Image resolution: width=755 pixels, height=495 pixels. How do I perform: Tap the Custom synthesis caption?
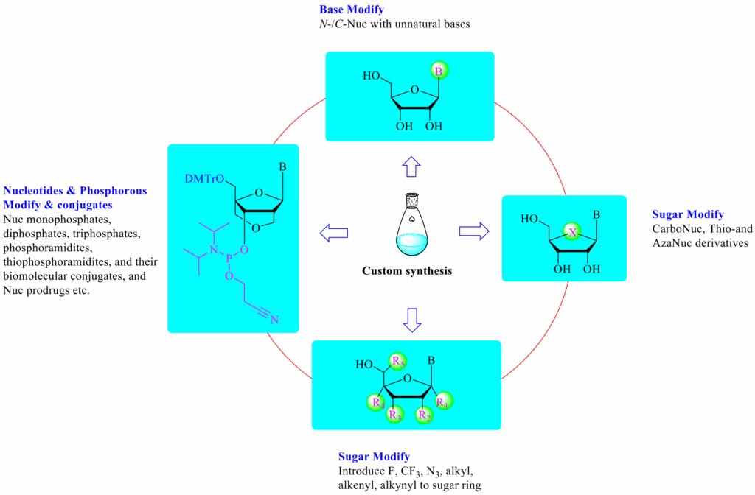[407, 271]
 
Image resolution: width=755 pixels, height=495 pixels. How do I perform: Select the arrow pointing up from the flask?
[411, 167]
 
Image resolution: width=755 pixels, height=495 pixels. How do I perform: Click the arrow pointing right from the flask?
[474, 231]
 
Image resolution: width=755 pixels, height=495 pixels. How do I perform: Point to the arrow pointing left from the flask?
[334, 234]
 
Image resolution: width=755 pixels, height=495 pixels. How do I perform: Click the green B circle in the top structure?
[438, 72]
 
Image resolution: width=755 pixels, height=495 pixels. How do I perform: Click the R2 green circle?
[424, 415]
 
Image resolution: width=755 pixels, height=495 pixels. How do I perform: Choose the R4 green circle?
[377, 403]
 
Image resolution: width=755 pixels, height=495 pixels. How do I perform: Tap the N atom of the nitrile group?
[274, 319]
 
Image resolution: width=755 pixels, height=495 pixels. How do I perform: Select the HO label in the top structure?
[372, 76]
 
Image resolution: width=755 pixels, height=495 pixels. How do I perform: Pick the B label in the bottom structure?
[432, 361]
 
